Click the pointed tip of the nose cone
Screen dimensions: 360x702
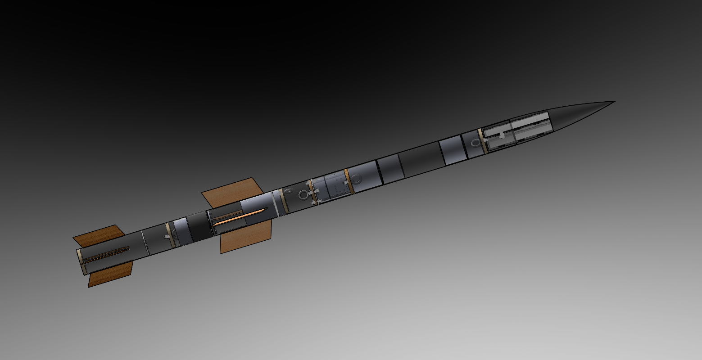click(613, 102)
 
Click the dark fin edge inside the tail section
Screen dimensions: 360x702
click(106, 254)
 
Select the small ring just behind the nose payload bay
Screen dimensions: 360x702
click(476, 143)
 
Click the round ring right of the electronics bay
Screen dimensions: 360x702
click(357, 180)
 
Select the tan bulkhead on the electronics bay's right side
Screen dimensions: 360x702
click(347, 181)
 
